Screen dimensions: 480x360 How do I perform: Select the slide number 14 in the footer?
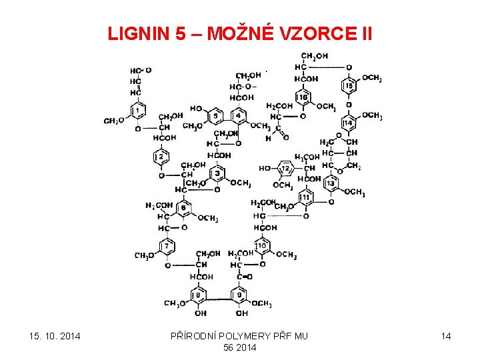pos(445,336)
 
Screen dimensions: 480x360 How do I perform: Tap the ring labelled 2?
pos(161,157)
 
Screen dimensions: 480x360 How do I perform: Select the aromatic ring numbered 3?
pos(218,174)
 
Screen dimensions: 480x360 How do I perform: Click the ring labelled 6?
pos(183,208)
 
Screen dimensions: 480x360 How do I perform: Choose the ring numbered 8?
pos(199,295)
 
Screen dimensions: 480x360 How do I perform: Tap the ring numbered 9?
pos(240,295)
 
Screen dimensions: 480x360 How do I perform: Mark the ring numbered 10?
pos(262,247)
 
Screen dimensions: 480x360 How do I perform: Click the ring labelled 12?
pos(285,169)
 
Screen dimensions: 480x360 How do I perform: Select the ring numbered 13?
pos(330,183)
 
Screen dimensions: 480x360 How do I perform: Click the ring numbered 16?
pos(303,99)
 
